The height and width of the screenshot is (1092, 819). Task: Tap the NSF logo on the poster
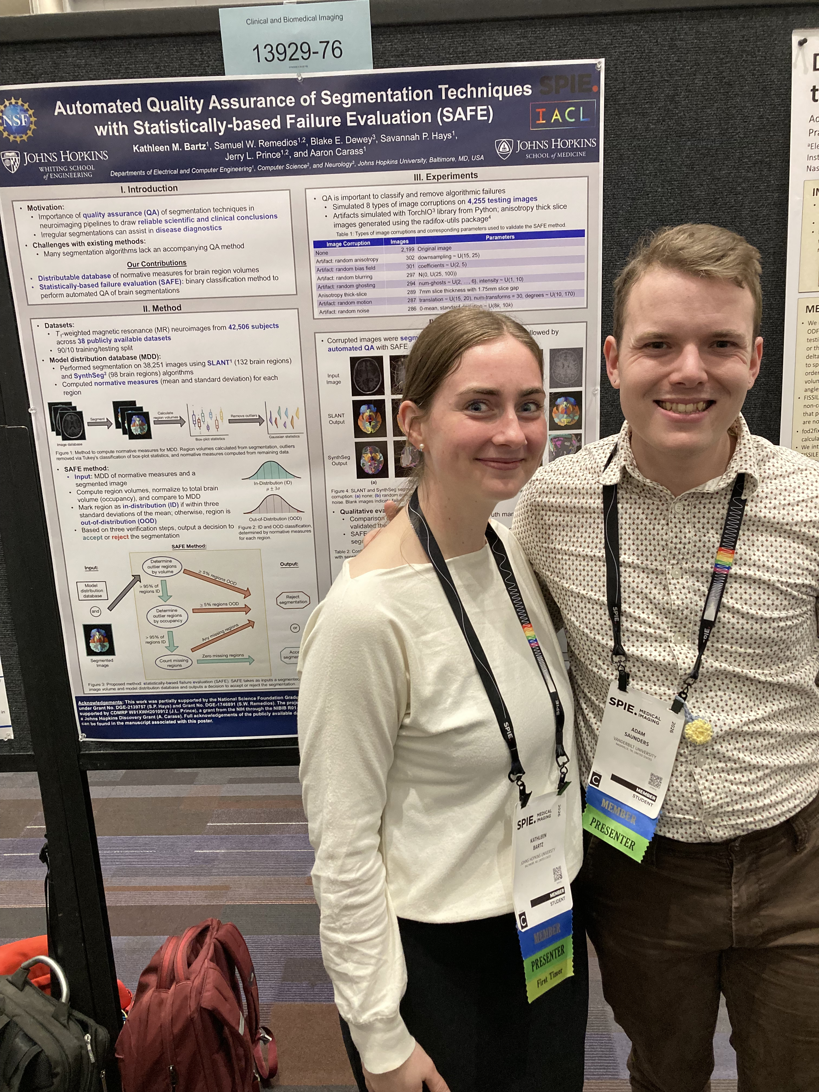(x=17, y=120)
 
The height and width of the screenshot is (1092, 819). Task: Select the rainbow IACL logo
(x=562, y=115)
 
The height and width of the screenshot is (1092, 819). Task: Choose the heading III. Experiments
(x=445, y=176)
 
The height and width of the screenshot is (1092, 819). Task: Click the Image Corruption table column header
(x=348, y=243)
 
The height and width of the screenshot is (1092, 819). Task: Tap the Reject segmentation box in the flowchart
(x=293, y=599)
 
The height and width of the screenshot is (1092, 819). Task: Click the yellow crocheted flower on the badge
(x=698, y=732)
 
